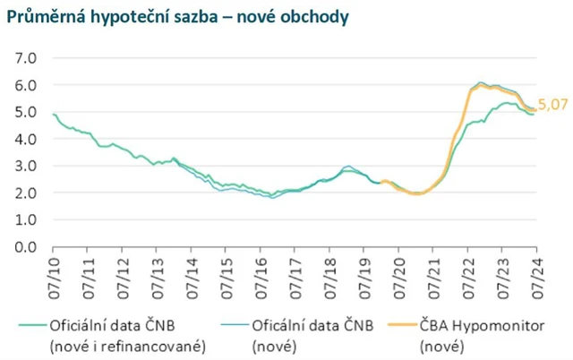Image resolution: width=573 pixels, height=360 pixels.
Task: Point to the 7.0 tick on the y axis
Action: point(26,58)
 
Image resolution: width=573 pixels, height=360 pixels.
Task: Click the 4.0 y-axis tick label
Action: point(26,139)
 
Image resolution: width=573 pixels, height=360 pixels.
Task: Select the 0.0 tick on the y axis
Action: point(26,246)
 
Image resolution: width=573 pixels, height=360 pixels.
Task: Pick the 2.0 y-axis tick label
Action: point(26,193)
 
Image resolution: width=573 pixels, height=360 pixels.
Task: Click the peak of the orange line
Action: point(481,83)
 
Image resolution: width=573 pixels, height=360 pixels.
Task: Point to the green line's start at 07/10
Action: point(54,115)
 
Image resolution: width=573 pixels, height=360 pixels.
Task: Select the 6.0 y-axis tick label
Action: point(26,85)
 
